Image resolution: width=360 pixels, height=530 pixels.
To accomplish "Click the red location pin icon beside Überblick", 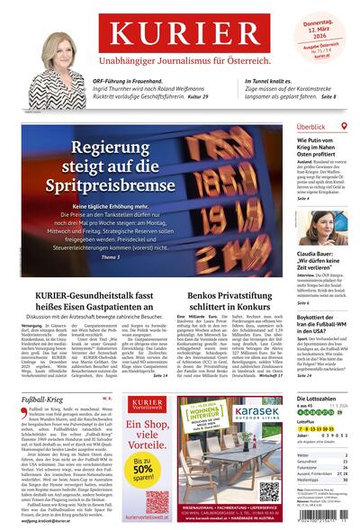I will (346, 128).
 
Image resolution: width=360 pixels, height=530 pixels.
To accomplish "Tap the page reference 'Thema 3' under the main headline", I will (112, 257).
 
